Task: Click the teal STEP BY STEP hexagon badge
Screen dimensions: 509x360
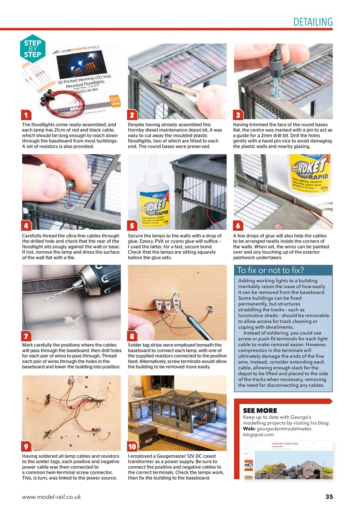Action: [x=32, y=49]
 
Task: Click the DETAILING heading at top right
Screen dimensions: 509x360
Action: [x=312, y=22]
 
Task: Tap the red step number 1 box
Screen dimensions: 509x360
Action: [x=26, y=115]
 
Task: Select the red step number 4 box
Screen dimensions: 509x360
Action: [x=26, y=226]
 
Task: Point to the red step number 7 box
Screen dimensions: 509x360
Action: [x=26, y=336]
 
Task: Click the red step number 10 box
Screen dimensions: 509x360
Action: [x=133, y=446]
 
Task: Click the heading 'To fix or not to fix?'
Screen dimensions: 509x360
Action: [x=270, y=270]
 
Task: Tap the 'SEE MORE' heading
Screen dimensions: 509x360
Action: [x=260, y=410]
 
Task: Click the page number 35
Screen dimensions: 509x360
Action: [x=329, y=497]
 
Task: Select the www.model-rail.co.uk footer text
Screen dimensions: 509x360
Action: [x=51, y=497]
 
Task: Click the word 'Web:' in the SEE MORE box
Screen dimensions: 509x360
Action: [x=249, y=429]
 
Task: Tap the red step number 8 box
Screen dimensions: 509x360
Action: [x=133, y=336]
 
